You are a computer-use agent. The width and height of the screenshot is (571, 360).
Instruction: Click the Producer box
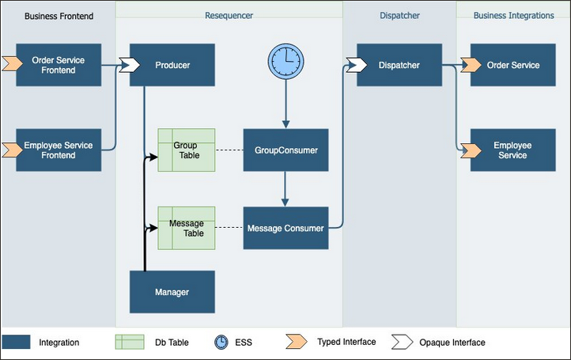[x=172, y=65]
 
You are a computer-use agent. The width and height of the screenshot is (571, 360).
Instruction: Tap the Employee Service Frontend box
[x=59, y=150]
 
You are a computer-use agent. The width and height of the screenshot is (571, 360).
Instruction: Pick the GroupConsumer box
[x=285, y=150]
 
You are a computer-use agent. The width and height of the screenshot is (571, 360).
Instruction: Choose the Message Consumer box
[x=285, y=228]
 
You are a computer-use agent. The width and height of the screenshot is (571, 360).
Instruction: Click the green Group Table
[x=187, y=150]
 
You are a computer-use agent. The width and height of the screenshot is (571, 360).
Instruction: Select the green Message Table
[x=187, y=228]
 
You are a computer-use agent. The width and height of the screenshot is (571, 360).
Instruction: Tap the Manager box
[x=172, y=292]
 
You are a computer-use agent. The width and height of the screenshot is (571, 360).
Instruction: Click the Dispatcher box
[x=399, y=65]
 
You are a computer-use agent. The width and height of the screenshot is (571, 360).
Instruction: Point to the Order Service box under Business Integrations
[x=513, y=65]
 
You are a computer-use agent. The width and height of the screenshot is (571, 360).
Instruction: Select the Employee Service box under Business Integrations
[x=512, y=150]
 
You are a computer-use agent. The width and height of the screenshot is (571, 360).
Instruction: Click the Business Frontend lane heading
[x=58, y=16]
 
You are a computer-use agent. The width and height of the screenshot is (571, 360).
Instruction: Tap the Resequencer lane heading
[x=229, y=16]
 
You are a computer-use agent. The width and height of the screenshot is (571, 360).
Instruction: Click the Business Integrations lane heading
[x=512, y=16]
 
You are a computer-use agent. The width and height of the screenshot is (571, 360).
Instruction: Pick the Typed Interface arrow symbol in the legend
[x=296, y=342]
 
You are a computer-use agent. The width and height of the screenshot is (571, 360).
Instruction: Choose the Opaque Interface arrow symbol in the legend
[x=402, y=342]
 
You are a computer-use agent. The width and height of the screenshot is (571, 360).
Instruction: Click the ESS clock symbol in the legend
[x=221, y=342]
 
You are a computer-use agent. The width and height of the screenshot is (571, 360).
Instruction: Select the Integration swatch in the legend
[x=17, y=342]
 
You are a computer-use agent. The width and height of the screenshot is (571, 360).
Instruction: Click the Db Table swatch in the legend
[x=130, y=342]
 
